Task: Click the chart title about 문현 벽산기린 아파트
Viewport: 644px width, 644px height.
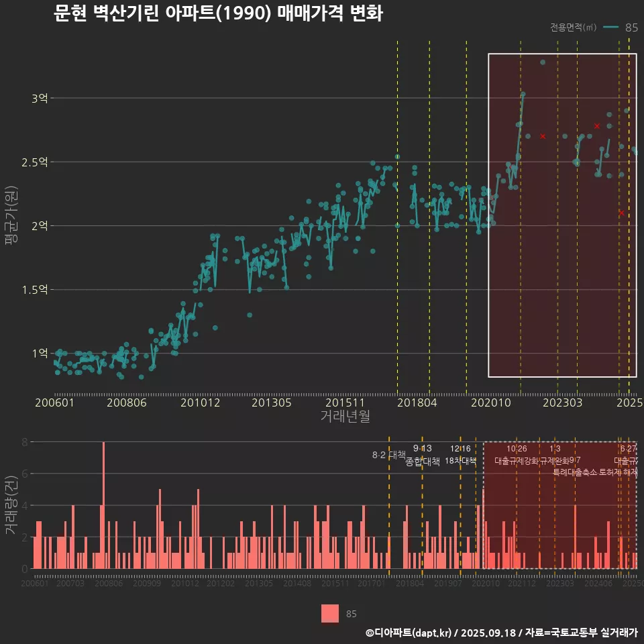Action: pos(218,13)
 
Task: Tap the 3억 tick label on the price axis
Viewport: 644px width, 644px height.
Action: pos(40,98)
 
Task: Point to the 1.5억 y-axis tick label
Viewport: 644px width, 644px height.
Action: pos(36,290)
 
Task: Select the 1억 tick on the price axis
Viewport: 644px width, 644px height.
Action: pos(40,354)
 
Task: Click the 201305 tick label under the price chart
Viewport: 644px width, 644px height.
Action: pos(271,402)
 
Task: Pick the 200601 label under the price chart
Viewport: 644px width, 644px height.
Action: pos(54,402)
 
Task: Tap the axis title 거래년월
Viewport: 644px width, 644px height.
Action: pos(345,416)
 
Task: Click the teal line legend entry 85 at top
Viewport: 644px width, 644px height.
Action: pos(621,28)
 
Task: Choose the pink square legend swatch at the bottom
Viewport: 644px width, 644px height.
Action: pos(330,613)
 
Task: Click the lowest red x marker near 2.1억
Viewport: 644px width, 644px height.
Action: pos(621,213)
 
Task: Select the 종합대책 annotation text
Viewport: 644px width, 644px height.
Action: pos(423,462)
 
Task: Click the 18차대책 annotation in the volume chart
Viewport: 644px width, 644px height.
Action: pos(460,461)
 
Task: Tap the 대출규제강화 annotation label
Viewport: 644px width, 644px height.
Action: pos(516,461)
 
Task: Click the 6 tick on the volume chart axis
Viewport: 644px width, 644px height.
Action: pos(25,474)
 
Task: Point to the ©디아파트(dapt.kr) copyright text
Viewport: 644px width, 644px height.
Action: pos(409,632)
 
